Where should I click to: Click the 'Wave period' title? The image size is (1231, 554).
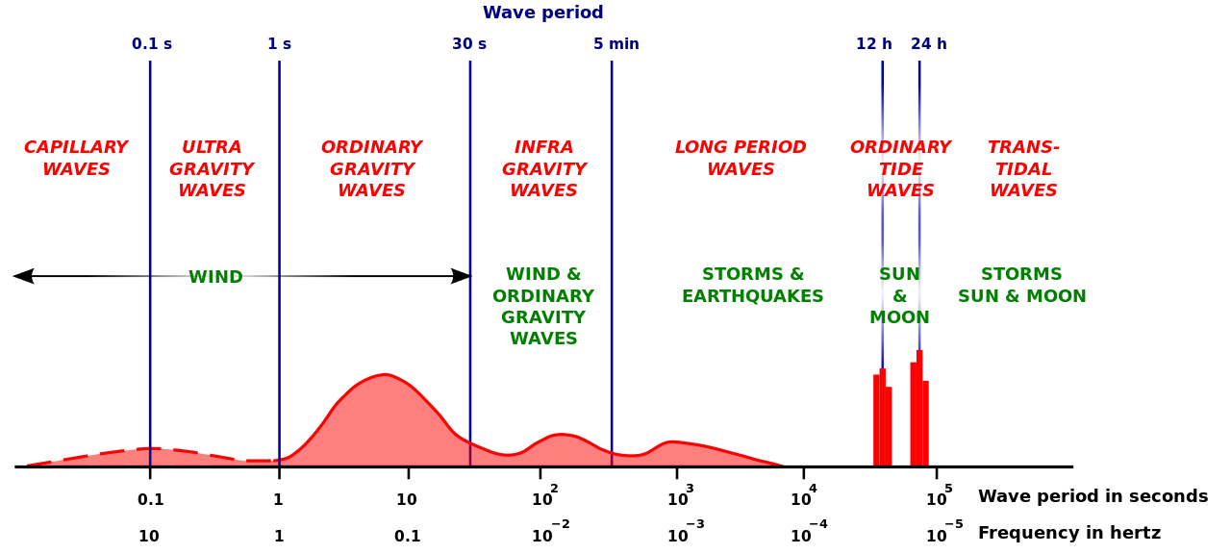coord(542,13)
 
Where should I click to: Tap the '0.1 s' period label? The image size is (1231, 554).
coord(152,44)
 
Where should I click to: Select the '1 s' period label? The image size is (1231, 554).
coord(279,44)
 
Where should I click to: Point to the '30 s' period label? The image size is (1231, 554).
coord(469,44)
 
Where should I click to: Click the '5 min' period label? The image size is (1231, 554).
coord(615,44)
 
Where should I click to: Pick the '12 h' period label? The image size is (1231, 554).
coord(874,44)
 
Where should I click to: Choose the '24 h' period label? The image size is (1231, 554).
coord(929,44)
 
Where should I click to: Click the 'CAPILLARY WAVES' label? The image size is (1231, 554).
coord(76,159)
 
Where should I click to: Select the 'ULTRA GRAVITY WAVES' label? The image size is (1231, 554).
coord(212,169)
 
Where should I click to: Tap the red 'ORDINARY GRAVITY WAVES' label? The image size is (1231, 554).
coord(371,169)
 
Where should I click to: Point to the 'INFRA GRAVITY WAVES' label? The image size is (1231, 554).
coord(543,169)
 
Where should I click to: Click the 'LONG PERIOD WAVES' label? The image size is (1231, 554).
coord(741,159)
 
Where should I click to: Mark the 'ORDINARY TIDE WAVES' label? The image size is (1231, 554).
coord(900,169)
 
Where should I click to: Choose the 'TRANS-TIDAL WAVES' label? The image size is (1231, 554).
coord(1023,169)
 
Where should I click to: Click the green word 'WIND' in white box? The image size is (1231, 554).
coord(215,278)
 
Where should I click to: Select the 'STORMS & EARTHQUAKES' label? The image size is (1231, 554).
coord(753,286)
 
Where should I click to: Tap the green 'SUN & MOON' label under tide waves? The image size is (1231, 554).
coord(899,296)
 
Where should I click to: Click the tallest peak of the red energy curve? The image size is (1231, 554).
coord(385,385)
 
